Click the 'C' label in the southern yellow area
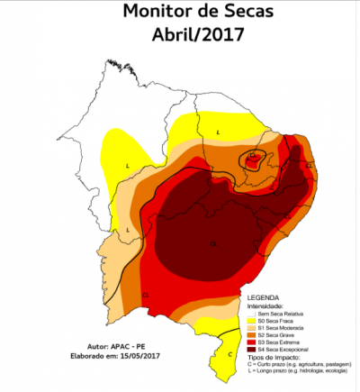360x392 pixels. point(229,354)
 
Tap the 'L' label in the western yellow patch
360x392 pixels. point(129,167)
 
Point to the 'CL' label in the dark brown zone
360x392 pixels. point(214,244)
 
